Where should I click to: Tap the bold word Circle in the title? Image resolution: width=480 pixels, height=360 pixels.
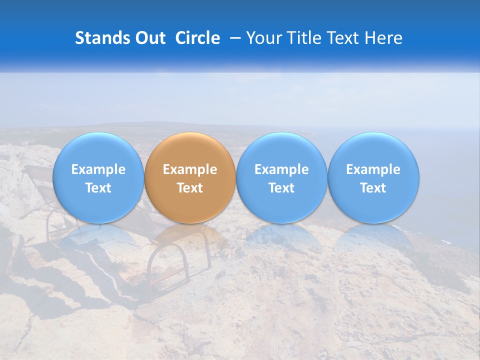tap(197, 38)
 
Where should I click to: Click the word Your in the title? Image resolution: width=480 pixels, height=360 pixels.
tap(261, 38)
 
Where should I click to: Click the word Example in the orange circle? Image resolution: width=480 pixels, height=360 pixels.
tap(190, 169)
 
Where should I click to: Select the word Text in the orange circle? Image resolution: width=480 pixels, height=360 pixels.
tap(190, 188)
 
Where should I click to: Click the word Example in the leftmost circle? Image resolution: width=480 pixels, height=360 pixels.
tap(98, 169)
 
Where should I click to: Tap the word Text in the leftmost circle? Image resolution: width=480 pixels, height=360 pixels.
tap(98, 188)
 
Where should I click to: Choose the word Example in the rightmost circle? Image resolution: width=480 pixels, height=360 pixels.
tap(373, 169)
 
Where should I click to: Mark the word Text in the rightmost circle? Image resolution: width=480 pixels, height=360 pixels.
tap(373, 188)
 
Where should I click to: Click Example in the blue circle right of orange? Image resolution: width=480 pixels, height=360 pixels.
tap(281, 169)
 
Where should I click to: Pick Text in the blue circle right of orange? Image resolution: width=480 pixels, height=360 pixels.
tap(281, 188)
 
